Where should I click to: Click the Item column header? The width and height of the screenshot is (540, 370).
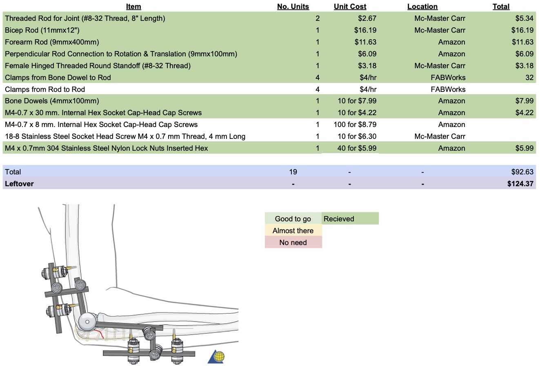(133, 7)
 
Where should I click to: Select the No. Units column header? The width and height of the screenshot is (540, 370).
(293, 7)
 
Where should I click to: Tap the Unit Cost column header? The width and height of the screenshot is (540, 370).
(350, 7)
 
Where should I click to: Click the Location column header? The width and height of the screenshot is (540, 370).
(422, 7)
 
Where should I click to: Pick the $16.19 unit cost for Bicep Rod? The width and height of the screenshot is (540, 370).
(365, 30)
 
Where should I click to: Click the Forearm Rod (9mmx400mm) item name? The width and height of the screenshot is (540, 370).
(52, 42)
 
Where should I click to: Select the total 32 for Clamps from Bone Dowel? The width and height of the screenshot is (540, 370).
(529, 78)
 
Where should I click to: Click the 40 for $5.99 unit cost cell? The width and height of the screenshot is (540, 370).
(357, 148)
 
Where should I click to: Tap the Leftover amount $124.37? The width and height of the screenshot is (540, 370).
(520, 184)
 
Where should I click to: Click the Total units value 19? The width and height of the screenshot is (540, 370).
(293, 172)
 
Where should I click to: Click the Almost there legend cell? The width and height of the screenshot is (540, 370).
(293, 231)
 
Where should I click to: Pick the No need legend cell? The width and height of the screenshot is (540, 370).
(293, 243)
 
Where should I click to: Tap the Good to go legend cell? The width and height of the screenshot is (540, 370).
(293, 219)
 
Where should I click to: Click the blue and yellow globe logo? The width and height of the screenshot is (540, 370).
(217, 357)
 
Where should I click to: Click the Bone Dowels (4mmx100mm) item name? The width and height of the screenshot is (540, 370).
(52, 101)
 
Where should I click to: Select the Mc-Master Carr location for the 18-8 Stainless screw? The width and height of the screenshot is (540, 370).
(440, 136)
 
